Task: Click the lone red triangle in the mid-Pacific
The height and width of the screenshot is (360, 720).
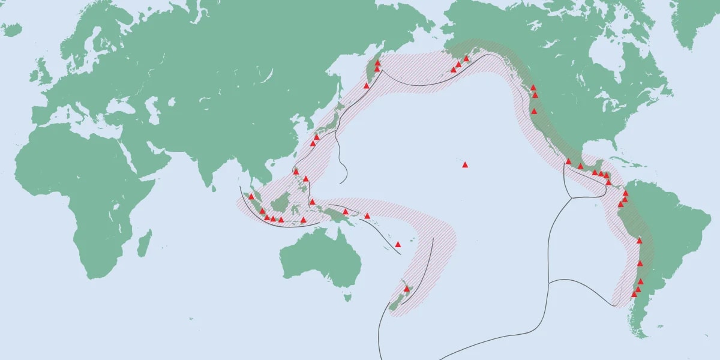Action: point(464,164)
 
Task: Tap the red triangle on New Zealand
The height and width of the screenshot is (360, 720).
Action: point(406,289)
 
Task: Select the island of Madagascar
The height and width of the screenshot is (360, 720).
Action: point(145,246)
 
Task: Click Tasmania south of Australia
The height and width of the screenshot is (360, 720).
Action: point(347,296)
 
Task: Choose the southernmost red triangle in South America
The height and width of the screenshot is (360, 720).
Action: point(634,294)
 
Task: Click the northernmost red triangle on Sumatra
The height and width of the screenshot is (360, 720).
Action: point(251,197)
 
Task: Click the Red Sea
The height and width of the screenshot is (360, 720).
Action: point(135,152)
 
